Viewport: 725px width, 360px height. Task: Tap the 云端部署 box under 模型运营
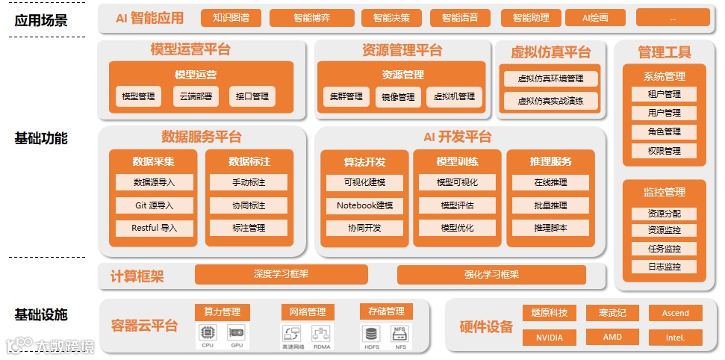[x=196, y=96]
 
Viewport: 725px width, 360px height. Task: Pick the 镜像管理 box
[x=398, y=97]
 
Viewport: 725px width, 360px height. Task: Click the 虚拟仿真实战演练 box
[x=550, y=101]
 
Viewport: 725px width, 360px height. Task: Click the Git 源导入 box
[x=155, y=205]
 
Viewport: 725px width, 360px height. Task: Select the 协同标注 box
[x=248, y=205]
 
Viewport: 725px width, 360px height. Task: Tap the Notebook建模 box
[x=364, y=205]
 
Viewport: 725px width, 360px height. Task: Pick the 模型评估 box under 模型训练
[x=457, y=205]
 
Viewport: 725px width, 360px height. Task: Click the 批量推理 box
[x=550, y=205]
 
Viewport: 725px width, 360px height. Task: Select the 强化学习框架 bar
[x=491, y=274]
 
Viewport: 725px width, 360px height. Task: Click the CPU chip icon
[x=208, y=332]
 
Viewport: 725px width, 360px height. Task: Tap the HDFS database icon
[x=371, y=332]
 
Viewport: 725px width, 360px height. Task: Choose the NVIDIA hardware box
[x=550, y=338]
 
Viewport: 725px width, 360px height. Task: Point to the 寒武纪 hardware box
[x=612, y=313]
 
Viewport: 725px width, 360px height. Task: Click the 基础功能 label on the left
[x=41, y=138]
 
